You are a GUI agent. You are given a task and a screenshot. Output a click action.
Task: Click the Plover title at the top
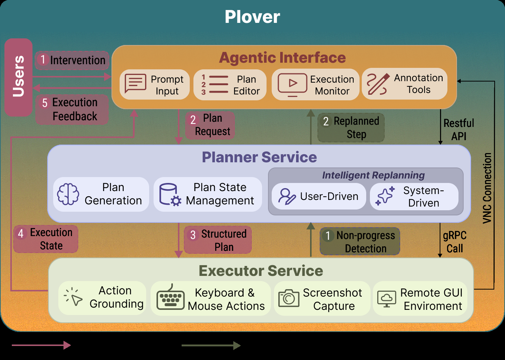(x=252, y=17)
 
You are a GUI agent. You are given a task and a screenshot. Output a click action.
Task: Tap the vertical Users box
(x=18, y=77)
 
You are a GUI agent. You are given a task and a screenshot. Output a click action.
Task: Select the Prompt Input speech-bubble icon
(x=135, y=83)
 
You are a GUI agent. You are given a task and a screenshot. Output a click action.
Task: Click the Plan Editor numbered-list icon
(x=214, y=84)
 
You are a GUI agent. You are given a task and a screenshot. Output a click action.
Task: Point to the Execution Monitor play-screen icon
(x=292, y=85)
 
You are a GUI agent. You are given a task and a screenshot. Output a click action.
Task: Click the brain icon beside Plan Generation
(x=68, y=194)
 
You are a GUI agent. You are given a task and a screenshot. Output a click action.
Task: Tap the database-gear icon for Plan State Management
(x=170, y=195)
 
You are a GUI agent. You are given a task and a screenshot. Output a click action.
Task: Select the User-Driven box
(x=319, y=196)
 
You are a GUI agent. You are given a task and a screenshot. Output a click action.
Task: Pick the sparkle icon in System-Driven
(x=385, y=196)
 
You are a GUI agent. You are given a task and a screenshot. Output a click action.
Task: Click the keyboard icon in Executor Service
(x=171, y=297)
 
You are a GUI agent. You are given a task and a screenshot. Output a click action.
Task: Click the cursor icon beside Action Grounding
(x=73, y=297)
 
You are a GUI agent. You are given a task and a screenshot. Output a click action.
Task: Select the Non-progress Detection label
(x=360, y=241)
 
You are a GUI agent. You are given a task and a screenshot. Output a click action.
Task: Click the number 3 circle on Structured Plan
(x=193, y=235)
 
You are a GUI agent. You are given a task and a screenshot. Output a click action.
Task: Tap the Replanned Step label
(x=351, y=128)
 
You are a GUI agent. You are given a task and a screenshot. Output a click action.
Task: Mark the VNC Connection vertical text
(x=487, y=188)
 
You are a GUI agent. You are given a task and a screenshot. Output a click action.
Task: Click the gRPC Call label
(x=454, y=242)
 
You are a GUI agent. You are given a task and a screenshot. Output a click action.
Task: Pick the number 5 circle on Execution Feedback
(x=45, y=103)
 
